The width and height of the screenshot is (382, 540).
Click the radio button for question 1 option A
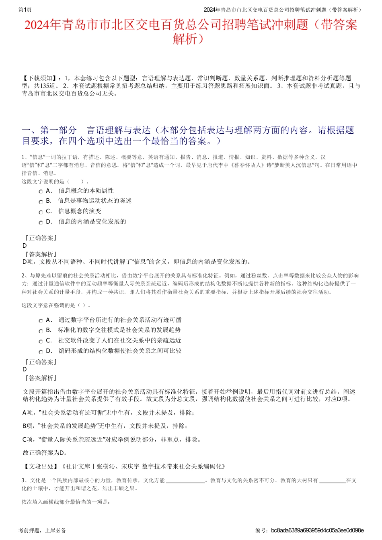click(41, 192)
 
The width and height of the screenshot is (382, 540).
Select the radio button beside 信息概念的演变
click(41, 212)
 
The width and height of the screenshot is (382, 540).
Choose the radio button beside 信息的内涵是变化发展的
click(41, 222)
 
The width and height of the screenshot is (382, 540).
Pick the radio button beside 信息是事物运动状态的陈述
click(41, 202)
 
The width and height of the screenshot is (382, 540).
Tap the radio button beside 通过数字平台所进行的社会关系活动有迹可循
click(41, 321)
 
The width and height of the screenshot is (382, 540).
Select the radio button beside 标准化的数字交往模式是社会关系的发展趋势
click(41, 331)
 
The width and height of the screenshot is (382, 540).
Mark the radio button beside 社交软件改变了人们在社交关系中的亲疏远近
click(41, 341)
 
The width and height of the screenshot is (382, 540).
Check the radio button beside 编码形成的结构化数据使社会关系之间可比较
click(41, 352)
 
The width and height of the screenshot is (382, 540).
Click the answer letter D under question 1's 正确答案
click(25, 246)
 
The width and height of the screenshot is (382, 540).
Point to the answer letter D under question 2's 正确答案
click(25, 369)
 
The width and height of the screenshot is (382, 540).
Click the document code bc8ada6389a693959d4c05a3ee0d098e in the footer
click(317, 530)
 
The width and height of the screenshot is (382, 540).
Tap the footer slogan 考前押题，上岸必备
click(42, 530)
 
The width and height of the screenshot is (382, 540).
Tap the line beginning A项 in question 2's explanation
click(109, 412)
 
